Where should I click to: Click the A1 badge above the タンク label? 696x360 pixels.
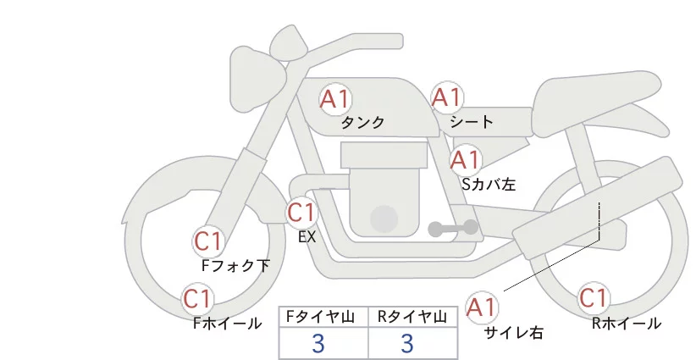point(335,99)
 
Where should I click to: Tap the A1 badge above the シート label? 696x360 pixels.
point(447,97)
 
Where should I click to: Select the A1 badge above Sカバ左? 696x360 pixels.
point(465,160)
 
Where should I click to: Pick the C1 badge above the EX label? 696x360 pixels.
point(301,213)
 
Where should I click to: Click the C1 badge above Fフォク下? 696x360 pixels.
point(208,242)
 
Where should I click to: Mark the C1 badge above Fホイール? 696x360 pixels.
point(197,299)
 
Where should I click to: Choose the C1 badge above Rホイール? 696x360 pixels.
point(593,298)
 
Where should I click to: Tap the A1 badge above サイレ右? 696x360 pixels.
point(482,307)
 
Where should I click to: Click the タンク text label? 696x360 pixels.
point(362,122)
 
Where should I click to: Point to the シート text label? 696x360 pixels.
point(472,121)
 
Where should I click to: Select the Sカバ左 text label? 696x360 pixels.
point(489,184)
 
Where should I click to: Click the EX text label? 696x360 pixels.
point(307,237)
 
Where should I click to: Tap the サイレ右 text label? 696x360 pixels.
point(513,333)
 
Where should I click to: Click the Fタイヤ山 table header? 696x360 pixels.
point(321,317)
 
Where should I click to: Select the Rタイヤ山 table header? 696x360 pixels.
point(412,317)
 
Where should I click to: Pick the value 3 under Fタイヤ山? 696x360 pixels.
point(318,343)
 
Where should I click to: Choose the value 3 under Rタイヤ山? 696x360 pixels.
point(407,343)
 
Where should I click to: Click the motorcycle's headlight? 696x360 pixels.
point(258,80)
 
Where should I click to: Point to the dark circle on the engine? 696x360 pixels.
point(384,219)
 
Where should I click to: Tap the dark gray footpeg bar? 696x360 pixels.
point(453,228)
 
